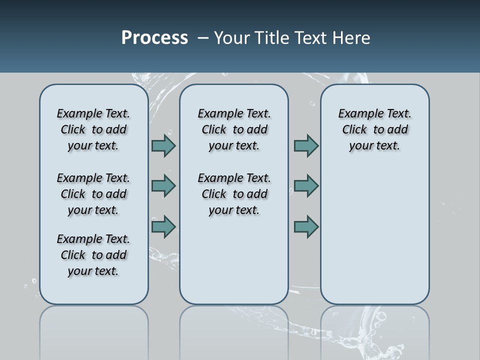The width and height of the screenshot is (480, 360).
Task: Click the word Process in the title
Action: [154, 38]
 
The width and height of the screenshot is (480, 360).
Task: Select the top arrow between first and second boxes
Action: [163, 145]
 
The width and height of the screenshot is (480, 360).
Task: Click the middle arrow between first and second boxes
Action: [163, 186]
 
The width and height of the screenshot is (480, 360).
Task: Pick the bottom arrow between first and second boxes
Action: [163, 227]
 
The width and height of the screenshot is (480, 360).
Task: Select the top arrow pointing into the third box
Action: [306, 145]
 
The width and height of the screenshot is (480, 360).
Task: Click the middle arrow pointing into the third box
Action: [306, 186]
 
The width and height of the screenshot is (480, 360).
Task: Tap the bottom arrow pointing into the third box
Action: [306, 227]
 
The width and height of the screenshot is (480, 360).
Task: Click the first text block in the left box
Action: [93, 129]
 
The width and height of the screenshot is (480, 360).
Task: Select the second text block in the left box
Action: [93, 194]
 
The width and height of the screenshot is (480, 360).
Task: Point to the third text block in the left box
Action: [93, 255]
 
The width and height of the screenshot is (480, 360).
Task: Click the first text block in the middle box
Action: [234, 129]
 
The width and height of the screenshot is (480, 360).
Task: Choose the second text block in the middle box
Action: [234, 194]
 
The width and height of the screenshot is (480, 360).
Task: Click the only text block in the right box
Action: [374, 129]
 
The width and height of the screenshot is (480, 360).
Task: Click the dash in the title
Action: [203, 38]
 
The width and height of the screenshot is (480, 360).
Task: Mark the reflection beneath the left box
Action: [94, 330]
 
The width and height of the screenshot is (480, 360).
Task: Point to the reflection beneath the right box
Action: [374, 330]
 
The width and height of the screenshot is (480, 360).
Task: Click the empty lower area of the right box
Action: [374, 235]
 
